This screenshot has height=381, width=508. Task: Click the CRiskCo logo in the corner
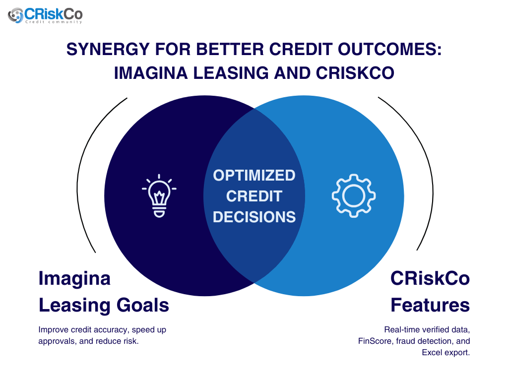point(45,15)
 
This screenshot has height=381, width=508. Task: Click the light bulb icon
point(159,195)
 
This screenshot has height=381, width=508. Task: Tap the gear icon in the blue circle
point(353,195)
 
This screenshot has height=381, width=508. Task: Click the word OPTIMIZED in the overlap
point(254,175)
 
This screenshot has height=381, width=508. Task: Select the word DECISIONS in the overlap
point(254,217)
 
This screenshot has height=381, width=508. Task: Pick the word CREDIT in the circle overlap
point(254,196)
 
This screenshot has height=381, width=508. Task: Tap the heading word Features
point(430,305)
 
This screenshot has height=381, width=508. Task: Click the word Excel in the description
point(433,353)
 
